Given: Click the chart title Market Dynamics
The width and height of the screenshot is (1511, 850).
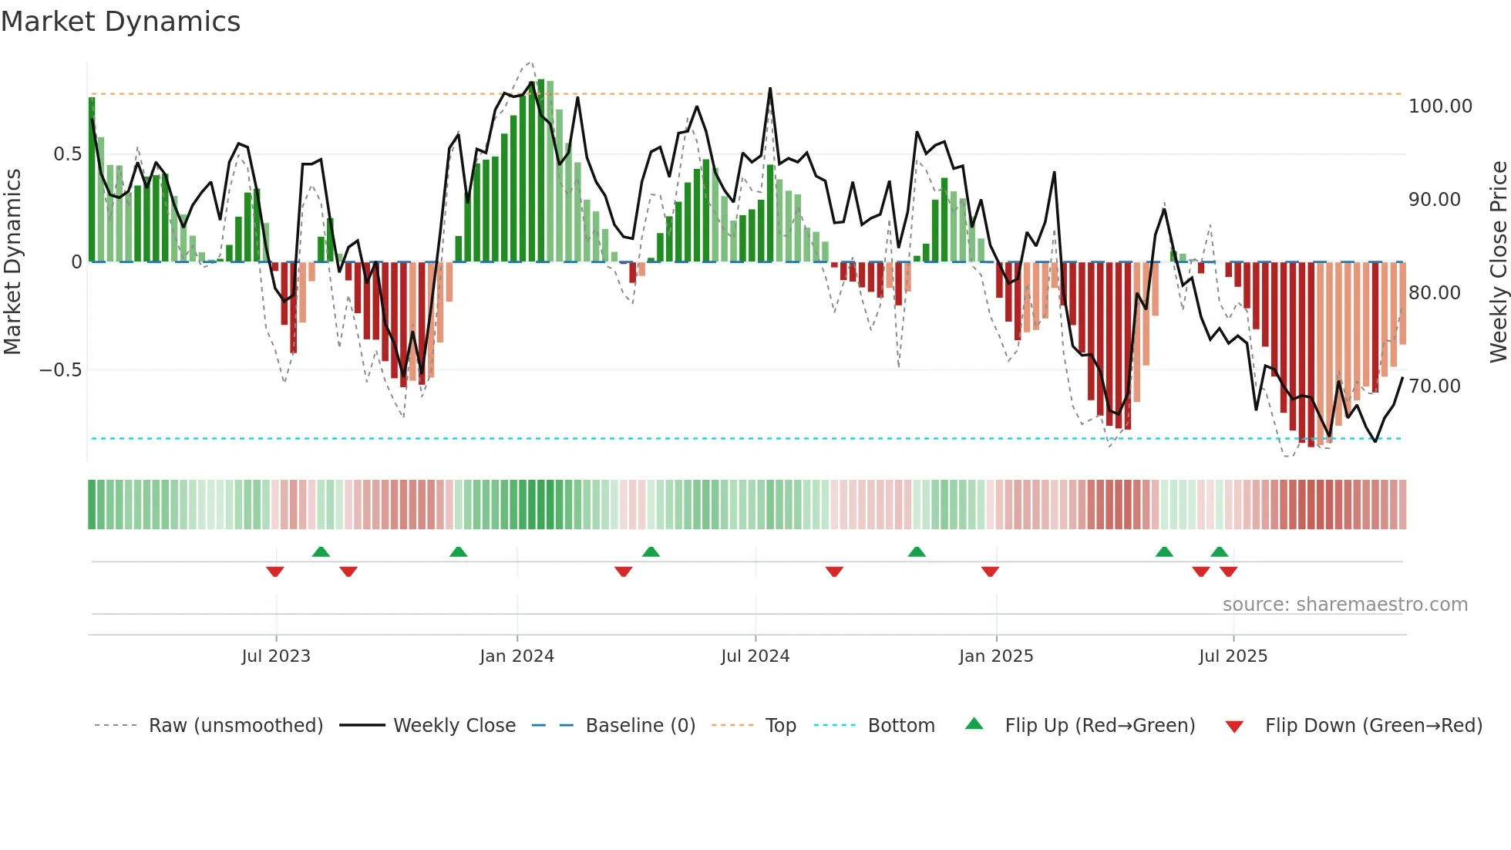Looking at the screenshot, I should click(120, 22).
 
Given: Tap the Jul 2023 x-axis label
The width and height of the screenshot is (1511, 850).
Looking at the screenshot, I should click(275, 656).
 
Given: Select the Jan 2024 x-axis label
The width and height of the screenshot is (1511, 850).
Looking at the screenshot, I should click(517, 656).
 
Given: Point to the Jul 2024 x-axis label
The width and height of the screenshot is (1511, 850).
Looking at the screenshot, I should click(755, 656).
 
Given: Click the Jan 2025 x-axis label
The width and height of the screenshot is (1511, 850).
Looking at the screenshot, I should click(995, 656).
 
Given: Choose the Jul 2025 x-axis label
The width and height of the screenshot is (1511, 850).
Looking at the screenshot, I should click(1233, 656).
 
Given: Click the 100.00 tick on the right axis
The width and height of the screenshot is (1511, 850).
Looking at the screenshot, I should click(1439, 106).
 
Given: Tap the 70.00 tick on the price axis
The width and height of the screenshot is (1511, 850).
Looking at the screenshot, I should click(1434, 386).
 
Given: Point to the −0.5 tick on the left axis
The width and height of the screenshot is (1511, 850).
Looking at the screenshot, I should click(60, 370).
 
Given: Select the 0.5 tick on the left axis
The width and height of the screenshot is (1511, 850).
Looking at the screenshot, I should click(67, 154).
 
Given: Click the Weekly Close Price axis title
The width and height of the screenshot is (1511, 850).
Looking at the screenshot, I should click(1498, 262).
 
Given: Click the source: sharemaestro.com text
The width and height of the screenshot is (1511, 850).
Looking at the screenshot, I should click(1344, 605).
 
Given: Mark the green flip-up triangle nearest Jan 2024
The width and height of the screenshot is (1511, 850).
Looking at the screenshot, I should click(458, 551).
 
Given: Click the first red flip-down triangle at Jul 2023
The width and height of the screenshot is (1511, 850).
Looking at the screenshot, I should click(275, 572).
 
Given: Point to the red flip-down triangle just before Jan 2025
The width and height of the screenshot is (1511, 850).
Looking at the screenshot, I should click(990, 572).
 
